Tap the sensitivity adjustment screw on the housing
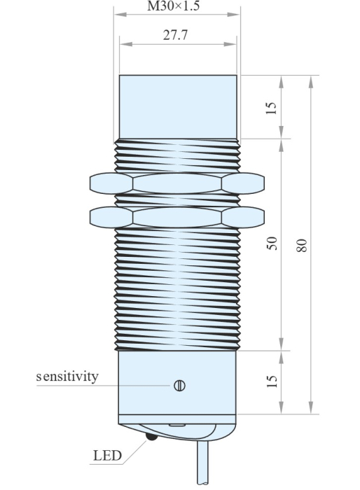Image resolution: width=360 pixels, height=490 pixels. click(179, 384)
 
